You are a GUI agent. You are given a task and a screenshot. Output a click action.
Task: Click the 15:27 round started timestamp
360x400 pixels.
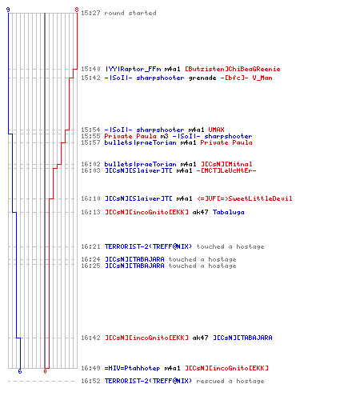[90, 13]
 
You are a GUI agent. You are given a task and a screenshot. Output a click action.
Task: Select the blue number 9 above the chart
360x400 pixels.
[8, 10]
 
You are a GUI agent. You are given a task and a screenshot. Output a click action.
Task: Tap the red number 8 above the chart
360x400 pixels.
[77, 10]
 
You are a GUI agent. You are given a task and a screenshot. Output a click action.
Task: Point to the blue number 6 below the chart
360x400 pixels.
[20, 371]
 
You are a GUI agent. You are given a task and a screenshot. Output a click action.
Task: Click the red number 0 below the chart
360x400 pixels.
[45, 371]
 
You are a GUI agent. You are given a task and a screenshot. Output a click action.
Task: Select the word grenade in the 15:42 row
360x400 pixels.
[202, 78]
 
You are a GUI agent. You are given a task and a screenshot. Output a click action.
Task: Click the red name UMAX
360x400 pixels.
[216, 130]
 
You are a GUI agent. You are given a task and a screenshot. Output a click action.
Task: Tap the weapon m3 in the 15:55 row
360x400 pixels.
[164, 136]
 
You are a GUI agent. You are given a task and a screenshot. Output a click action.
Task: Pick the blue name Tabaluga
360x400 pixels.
[229, 212]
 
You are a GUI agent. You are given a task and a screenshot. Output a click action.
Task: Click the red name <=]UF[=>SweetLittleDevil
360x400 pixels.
[245, 198]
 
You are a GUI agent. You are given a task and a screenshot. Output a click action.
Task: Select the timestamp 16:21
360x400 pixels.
[90, 246]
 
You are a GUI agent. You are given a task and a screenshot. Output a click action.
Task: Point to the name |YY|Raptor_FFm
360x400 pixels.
[133, 69]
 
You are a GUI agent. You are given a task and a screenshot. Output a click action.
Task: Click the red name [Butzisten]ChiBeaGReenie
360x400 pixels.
[233, 69]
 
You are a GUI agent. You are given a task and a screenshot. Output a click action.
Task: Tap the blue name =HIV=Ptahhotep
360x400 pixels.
[132, 368]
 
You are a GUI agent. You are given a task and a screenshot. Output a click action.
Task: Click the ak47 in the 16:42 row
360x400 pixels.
[200, 338]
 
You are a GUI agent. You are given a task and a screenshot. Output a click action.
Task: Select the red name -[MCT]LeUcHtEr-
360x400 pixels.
[226, 170]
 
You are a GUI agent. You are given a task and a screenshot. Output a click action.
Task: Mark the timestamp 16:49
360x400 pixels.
[90, 368]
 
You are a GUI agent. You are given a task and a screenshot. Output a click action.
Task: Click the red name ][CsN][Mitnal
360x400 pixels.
[226, 164]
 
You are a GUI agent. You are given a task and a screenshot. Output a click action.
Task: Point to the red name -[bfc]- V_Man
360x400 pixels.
[246, 78]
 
